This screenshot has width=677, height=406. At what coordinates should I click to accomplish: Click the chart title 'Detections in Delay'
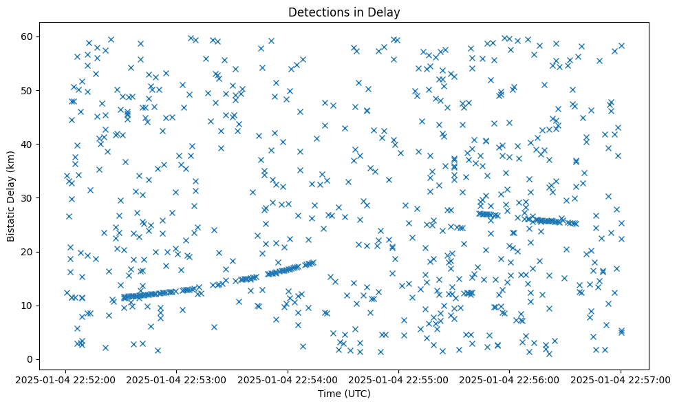[x=344, y=12]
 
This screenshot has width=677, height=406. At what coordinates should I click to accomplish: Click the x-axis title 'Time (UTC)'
[x=344, y=394]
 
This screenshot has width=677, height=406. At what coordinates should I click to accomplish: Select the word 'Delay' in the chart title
[x=386, y=12]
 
